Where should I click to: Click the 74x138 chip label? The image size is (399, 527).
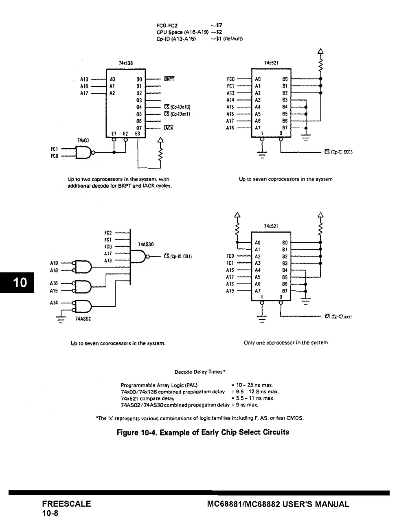(x=126, y=63)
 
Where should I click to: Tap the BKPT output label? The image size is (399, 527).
(x=169, y=79)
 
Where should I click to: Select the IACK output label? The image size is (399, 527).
(x=169, y=128)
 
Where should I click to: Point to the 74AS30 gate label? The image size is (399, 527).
(x=146, y=244)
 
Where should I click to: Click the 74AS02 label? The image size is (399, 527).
(x=83, y=319)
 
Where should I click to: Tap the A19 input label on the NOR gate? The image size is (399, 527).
(x=54, y=263)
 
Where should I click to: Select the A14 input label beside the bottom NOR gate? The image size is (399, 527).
(x=54, y=303)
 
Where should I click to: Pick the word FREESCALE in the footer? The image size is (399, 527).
(x=66, y=504)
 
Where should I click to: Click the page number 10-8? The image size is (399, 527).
(x=50, y=513)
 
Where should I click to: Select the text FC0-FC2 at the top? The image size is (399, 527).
(x=167, y=25)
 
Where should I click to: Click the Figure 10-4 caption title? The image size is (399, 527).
(x=203, y=432)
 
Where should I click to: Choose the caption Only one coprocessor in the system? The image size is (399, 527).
(x=286, y=343)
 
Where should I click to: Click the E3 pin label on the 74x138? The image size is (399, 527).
(x=138, y=134)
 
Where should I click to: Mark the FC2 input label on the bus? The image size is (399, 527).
(x=108, y=233)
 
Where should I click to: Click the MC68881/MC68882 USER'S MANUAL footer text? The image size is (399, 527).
(x=278, y=504)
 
